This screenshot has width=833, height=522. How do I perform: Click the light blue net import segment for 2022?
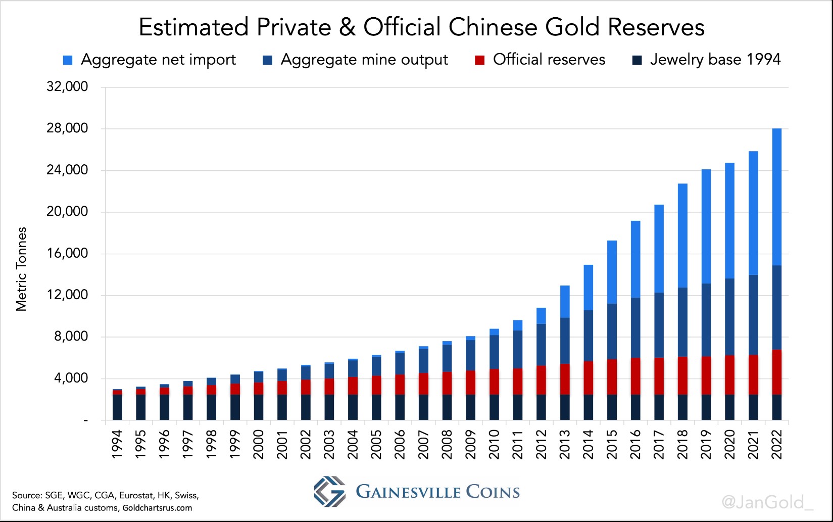click(x=776, y=197)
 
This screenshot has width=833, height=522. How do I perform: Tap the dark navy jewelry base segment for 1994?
click(x=117, y=407)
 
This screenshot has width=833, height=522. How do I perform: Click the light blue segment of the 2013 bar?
click(x=565, y=302)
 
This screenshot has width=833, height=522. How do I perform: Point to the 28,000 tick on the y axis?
click(x=67, y=128)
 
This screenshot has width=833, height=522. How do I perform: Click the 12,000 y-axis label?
click(x=67, y=295)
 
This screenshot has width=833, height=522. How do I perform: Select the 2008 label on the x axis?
click(x=447, y=445)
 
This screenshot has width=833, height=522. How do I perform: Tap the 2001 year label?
click(x=282, y=445)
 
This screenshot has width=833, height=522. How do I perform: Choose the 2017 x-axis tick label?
click(x=659, y=445)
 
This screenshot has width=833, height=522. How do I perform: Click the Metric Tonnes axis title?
click(x=21, y=269)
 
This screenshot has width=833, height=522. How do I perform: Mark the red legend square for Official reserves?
click(x=479, y=61)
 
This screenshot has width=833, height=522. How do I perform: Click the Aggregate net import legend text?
click(x=158, y=60)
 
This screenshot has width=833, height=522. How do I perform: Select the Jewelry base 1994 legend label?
click(x=715, y=60)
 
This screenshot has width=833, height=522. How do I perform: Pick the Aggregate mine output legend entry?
click(x=364, y=60)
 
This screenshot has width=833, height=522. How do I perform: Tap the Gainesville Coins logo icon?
click(x=329, y=491)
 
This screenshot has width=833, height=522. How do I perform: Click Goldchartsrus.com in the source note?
click(x=157, y=508)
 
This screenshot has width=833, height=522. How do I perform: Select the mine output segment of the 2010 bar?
click(x=494, y=352)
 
